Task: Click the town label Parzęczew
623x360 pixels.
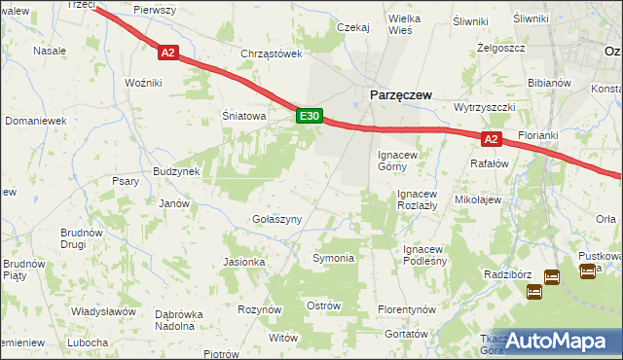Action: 399,94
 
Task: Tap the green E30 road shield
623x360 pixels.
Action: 309,116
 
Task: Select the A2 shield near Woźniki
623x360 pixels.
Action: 167,54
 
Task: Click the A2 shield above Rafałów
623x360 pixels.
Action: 492,139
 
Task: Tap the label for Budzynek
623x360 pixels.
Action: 175,171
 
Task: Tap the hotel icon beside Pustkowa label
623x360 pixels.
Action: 588,271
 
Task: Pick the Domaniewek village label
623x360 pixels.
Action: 34,121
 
